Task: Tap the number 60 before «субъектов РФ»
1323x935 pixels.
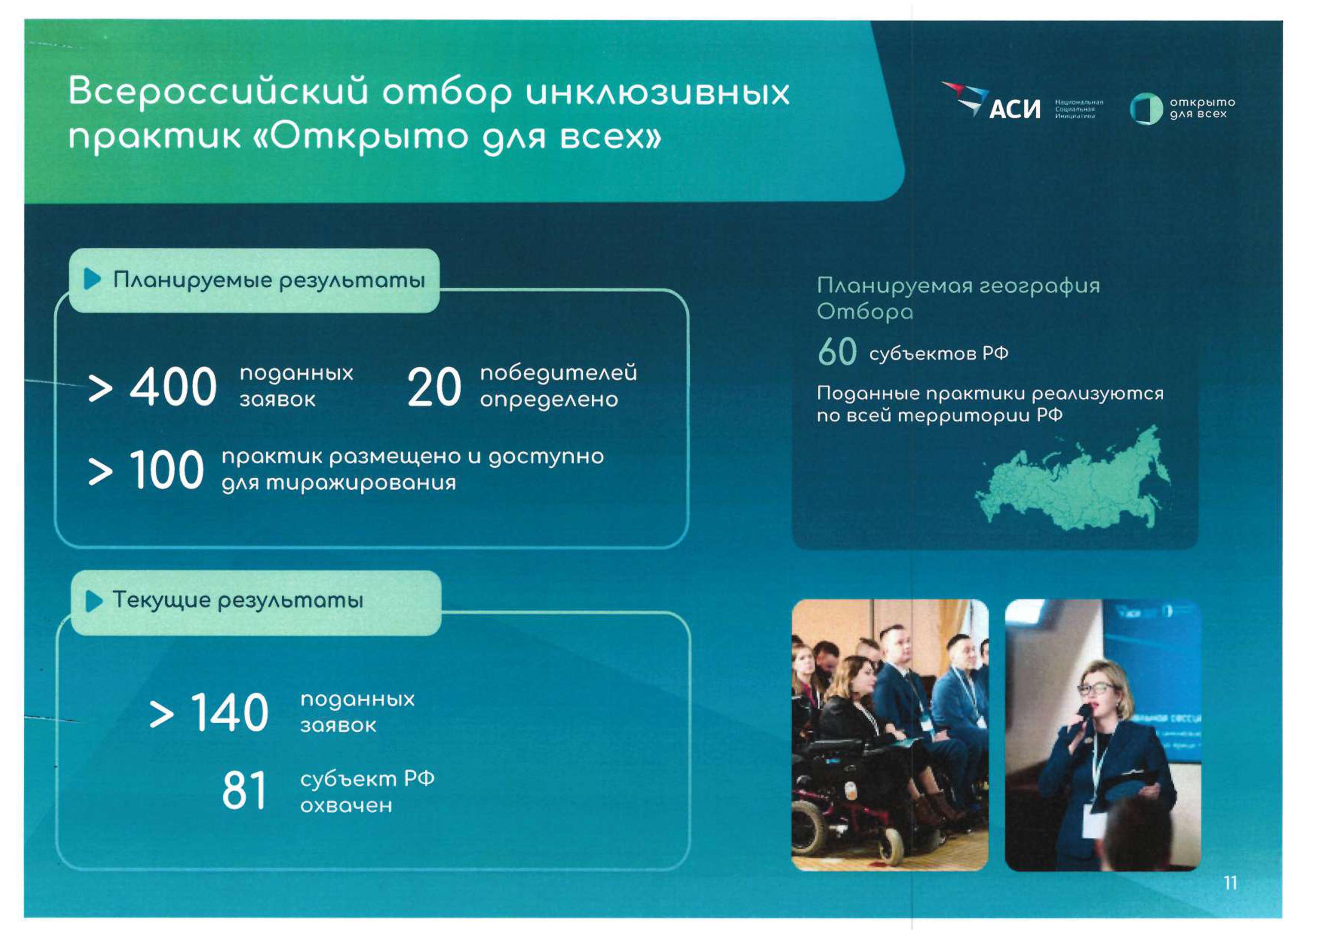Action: tap(837, 352)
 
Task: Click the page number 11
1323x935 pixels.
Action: tap(1230, 883)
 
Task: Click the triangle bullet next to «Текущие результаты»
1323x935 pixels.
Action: tap(94, 601)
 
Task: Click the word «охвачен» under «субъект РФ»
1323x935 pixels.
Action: tap(346, 805)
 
